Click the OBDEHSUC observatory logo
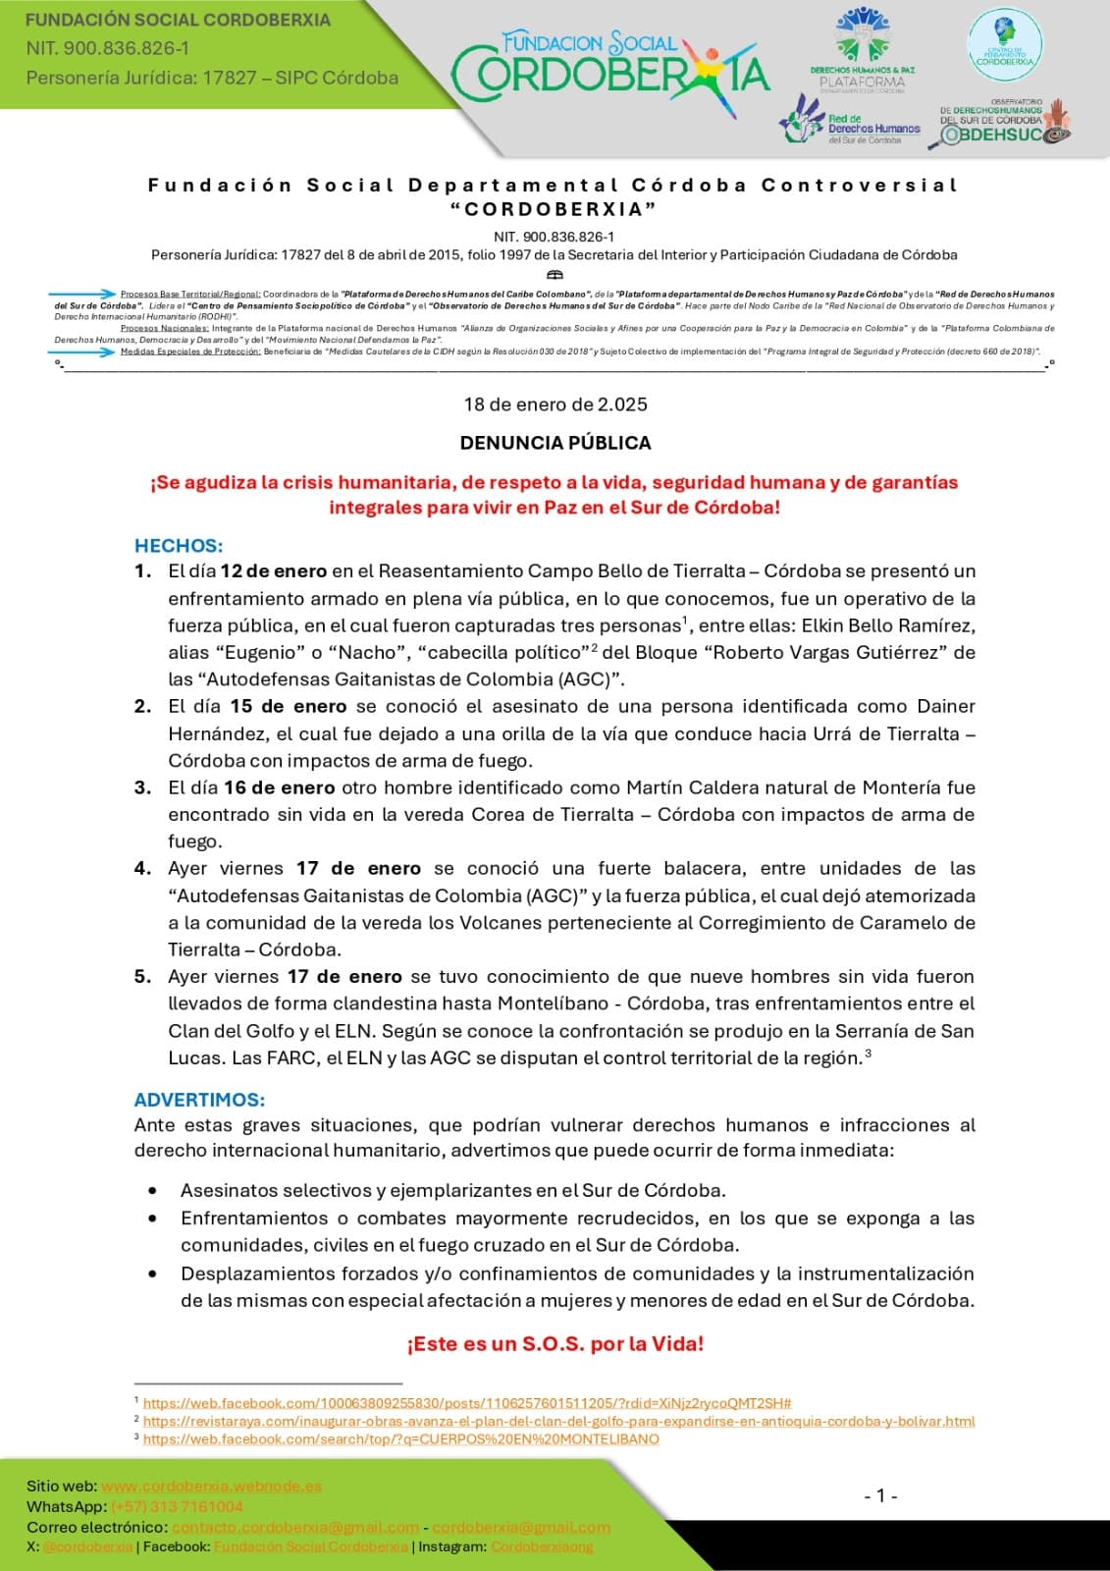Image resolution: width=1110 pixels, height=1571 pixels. click(x=1004, y=125)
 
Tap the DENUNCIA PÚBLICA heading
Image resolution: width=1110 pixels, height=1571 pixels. click(x=555, y=443)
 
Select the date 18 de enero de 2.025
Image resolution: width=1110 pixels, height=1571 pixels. click(x=555, y=405)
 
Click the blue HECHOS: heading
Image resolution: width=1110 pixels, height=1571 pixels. click(x=179, y=546)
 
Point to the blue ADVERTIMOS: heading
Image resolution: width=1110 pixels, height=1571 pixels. click(x=199, y=1100)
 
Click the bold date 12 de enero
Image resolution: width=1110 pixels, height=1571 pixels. click(x=273, y=571)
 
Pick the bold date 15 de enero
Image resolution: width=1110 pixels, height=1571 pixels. click(x=289, y=707)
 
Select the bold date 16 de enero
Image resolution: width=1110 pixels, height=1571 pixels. click(x=279, y=787)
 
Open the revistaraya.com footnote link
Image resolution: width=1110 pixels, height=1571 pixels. click(x=558, y=1421)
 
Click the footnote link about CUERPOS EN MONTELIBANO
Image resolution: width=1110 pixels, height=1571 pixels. click(x=400, y=1439)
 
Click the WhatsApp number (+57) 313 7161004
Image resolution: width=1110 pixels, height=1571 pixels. click(x=177, y=1507)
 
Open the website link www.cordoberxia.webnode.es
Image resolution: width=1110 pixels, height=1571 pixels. click(x=211, y=1487)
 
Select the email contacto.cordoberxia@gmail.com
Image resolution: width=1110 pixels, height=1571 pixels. click(x=294, y=1528)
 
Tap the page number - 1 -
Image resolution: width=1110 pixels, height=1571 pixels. click(x=880, y=1495)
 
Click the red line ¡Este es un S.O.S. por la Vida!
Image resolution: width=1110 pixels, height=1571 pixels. click(x=555, y=1344)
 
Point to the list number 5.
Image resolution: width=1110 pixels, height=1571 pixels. click(x=143, y=977)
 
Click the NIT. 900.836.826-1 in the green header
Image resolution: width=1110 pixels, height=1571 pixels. click(x=108, y=48)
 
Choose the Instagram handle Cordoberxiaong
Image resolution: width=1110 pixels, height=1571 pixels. click(x=542, y=1547)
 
